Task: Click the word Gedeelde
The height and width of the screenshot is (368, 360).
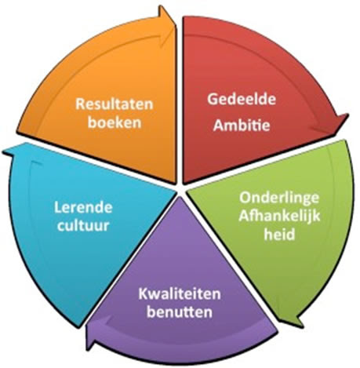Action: (x=242, y=100)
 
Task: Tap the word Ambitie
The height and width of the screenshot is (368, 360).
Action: (x=242, y=126)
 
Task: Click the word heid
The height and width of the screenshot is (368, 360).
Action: (x=279, y=234)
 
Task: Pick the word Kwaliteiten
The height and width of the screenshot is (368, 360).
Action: (x=180, y=294)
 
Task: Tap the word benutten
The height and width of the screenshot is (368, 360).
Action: (x=180, y=312)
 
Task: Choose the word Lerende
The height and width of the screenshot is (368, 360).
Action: (x=83, y=208)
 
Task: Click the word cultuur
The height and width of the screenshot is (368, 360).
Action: (x=83, y=226)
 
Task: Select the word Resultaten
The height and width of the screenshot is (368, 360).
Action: (x=115, y=104)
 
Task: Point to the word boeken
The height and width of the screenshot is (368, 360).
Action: (x=115, y=122)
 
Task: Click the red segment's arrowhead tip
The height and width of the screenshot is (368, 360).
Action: (x=348, y=114)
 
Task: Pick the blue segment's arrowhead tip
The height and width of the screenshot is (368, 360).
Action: (x=3, y=151)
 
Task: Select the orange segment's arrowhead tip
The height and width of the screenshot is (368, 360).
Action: (x=161, y=6)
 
